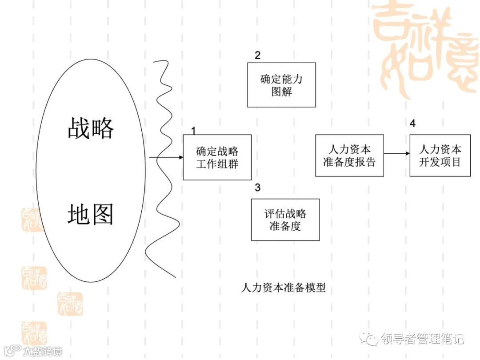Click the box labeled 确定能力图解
coord(281,85)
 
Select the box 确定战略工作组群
coord(217,157)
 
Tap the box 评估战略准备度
coord(285,220)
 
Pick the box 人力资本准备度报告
coord(349,156)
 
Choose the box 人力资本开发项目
coord(440,156)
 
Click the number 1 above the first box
coord(193,130)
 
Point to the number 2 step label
coord(257,55)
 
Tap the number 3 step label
coord(257,187)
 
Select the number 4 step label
coord(413,124)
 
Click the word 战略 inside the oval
coord(91,128)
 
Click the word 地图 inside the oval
coord(91,214)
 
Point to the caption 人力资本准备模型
coord(284,288)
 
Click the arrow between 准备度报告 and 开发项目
coord(396,154)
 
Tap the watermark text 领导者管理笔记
coord(422,339)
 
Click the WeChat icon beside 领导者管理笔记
coord(369,339)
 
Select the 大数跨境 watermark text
coord(42,351)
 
